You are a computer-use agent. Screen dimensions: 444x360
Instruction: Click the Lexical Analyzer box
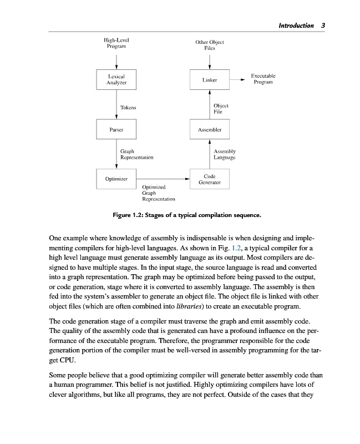coord(116,79)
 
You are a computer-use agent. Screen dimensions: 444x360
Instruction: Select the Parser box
coord(116,129)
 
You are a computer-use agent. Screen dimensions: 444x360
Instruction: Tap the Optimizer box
coord(116,179)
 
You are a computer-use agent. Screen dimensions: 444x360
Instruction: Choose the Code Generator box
coord(210,179)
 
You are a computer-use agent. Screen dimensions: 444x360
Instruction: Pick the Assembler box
coord(210,129)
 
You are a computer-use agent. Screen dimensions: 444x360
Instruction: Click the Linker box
coord(210,80)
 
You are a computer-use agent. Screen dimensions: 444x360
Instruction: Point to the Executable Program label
coord(263,79)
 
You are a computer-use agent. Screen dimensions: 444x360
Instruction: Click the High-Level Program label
coord(116,43)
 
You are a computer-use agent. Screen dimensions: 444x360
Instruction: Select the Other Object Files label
coord(210,45)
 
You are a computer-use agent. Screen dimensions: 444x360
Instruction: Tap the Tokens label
coord(128,107)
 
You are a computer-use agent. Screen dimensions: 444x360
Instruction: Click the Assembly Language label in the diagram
coord(225,154)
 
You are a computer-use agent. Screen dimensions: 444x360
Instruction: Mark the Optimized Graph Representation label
coord(158,193)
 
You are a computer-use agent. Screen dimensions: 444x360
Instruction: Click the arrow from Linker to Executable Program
coord(237,80)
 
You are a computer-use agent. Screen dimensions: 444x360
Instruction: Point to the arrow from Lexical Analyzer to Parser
coord(116,105)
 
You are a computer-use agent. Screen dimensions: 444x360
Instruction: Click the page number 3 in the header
coord(323,26)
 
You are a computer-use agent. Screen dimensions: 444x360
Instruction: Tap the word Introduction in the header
coord(296,26)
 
